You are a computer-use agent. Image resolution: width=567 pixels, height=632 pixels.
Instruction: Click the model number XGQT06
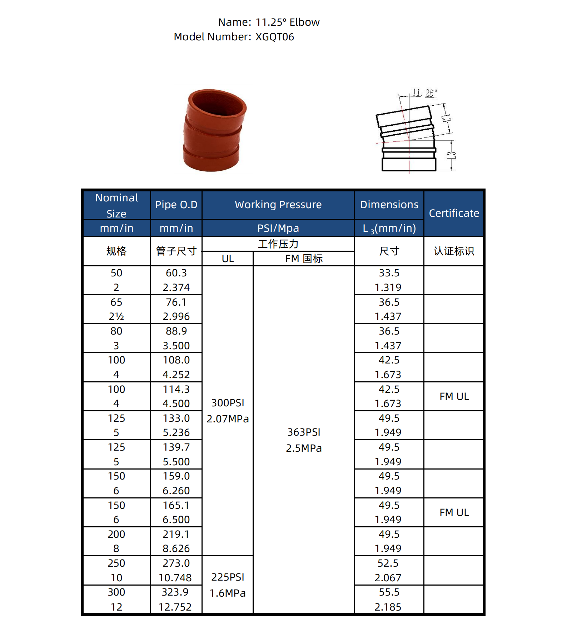[274, 37]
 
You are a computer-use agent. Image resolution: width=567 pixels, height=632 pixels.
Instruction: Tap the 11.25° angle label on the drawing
[424, 93]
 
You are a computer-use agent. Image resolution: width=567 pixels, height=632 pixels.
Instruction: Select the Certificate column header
[454, 213]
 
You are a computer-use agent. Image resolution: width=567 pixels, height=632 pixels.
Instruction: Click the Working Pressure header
[278, 205]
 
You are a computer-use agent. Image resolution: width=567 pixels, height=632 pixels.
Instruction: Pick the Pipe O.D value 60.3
[176, 273]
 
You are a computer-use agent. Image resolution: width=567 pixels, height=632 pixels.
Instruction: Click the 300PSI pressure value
[228, 403]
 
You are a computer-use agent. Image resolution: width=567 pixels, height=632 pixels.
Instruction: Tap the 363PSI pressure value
[304, 432]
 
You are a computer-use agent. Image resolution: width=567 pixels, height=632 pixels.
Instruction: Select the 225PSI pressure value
[228, 577]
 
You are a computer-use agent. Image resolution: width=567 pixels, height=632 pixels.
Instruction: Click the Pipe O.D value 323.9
[175, 592]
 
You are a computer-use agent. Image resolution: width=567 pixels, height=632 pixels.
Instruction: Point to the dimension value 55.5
[389, 592]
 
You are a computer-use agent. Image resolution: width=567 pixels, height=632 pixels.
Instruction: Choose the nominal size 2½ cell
[116, 317]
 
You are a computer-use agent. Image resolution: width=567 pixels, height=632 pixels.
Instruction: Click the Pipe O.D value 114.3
[176, 389]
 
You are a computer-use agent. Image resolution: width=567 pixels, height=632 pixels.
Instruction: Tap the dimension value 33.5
[389, 273]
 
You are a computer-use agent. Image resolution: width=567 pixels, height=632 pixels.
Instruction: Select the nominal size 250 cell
[116, 563]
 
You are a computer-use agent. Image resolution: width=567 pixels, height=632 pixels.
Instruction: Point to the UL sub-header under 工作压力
[228, 259]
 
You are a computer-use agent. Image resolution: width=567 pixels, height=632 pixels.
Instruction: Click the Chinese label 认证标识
[454, 251]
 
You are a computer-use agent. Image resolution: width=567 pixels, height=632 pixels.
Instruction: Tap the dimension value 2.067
[388, 578]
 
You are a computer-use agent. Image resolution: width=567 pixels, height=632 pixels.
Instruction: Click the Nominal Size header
[116, 205]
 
